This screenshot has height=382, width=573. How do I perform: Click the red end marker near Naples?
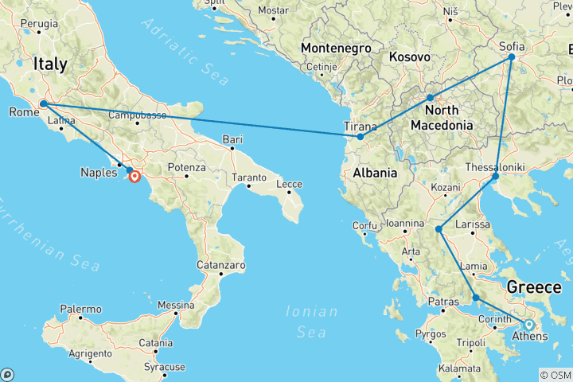(x=135, y=177)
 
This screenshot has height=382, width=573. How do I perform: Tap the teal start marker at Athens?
(x=528, y=324)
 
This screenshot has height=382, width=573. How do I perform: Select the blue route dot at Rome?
(x=43, y=104)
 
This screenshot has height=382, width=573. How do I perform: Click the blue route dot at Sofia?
(x=512, y=57)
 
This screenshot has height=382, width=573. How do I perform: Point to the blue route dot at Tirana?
(x=360, y=137)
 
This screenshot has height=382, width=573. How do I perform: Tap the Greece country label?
(x=536, y=286)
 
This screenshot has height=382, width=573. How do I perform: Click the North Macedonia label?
(x=442, y=117)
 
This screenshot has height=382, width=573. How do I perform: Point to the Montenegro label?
(x=337, y=49)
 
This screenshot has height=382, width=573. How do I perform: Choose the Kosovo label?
(x=410, y=58)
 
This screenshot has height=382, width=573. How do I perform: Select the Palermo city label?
(x=81, y=308)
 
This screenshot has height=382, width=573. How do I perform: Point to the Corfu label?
(x=365, y=225)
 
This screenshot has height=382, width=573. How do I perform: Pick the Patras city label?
(x=444, y=302)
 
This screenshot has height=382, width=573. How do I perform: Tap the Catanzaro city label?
(x=223, y=265)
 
